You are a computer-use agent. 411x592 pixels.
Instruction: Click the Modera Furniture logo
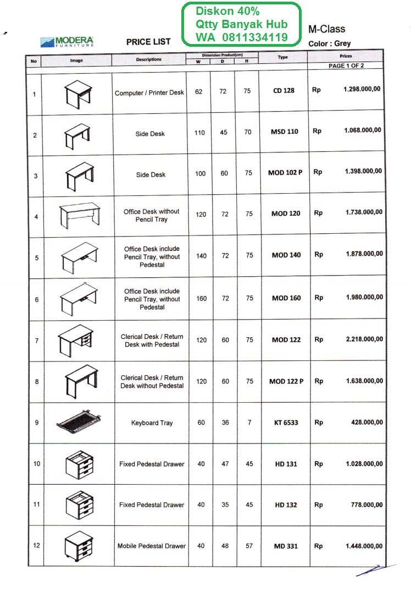point(67,42)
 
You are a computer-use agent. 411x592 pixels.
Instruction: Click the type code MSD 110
point(285,131)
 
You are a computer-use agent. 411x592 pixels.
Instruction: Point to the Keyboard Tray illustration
point(77,421)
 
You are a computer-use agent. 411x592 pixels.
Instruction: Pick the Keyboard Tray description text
point(152,423)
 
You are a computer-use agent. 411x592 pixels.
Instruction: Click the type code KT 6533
point(286,423)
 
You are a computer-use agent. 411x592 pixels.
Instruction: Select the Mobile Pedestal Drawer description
point(152,546)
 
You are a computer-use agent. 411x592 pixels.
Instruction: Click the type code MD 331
point(286,546)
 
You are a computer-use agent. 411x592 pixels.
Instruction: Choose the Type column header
point(282,57)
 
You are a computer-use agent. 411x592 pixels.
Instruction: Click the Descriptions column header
point(149,59)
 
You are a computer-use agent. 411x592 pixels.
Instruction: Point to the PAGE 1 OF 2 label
point(346,65)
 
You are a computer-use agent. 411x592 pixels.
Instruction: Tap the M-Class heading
point(327,29)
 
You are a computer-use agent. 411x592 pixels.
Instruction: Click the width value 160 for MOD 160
point(202,299)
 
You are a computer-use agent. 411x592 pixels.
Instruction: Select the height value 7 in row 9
point(249,423)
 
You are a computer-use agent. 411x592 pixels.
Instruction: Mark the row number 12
point(36,546)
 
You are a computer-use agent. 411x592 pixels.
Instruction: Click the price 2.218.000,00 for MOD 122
point(364,339)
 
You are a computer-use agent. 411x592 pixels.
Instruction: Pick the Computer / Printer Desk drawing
point(77,93)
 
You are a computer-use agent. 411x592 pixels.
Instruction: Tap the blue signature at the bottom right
point(376,569)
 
